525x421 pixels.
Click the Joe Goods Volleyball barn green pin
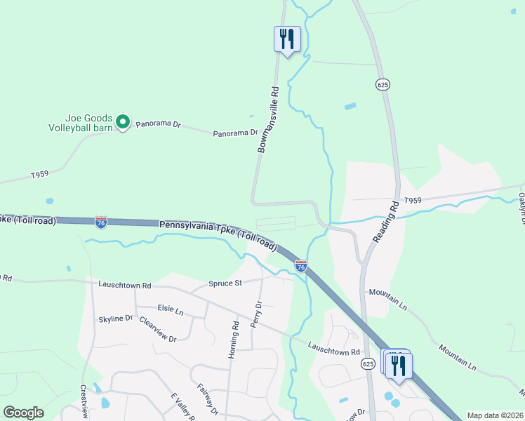[x=123, y=123]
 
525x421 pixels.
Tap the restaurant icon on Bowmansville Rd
[x=286, y=39]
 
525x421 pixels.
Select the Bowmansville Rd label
[x=268, y=120]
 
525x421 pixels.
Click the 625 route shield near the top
[x=383, y=84]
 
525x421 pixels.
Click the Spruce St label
[x=225, y=283]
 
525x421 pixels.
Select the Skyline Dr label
[x=115, y=319]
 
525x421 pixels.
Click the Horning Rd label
[x=235, y=340]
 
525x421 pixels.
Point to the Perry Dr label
[x=259, y=315]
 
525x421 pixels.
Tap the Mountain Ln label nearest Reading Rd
[x=387, y=300]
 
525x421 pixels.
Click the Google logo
[x=23, y=413]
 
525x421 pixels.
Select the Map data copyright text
[x=496, y=415]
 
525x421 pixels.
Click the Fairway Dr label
[x=208, y=398]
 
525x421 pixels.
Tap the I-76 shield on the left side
[x=101, y=222]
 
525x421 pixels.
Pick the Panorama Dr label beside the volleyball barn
[x=158, y=124]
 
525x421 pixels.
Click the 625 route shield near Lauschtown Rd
[x=368, y=363]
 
